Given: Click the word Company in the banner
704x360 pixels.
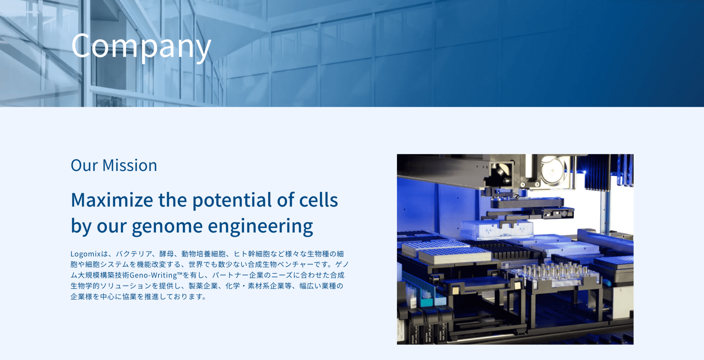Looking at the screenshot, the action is [141, 46].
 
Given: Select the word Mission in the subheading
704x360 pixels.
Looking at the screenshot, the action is [130, 166].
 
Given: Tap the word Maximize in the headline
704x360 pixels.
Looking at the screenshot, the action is [112, 200].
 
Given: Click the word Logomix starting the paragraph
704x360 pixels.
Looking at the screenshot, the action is [86, 254].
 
